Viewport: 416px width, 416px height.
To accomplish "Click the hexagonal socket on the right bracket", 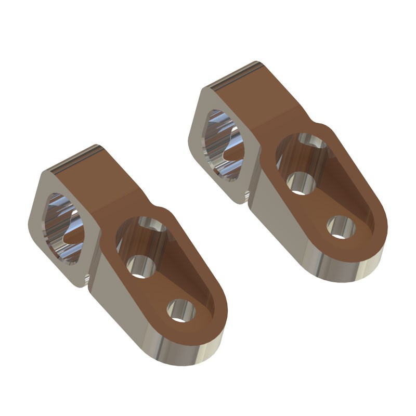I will point(223,144).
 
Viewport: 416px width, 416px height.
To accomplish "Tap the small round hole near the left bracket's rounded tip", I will point(180,311).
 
